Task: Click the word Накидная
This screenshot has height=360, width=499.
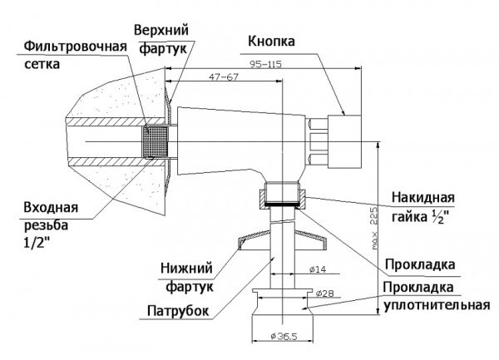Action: pyautogui.click(x=422, y=198)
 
